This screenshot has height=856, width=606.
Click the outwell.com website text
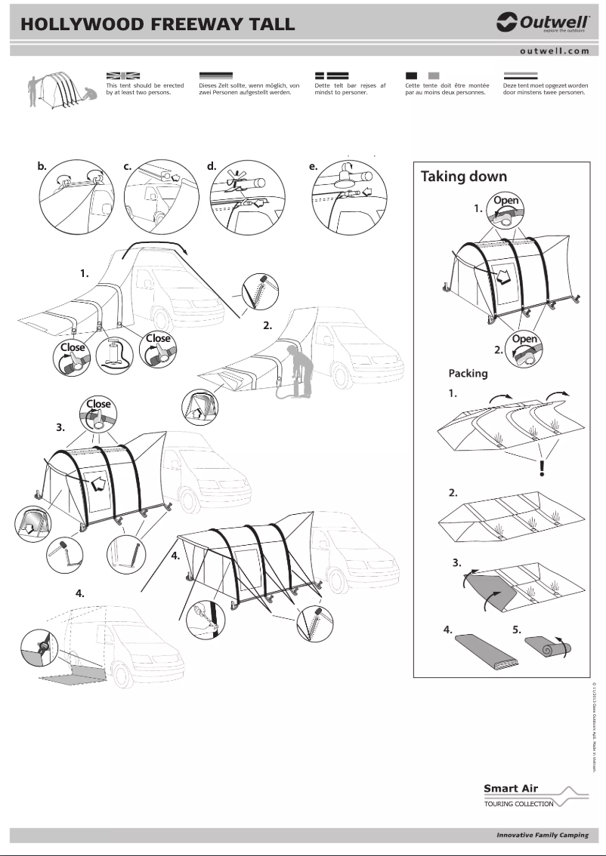(554, 51)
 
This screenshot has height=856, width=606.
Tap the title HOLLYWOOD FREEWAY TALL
(157, 24)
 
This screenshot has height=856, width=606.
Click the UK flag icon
(123, 75)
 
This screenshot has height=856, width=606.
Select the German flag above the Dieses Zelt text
(216, 75)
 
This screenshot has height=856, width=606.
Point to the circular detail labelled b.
(73, 195)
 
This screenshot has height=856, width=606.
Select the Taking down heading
(463, 177)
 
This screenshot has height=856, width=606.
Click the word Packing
(468, 373)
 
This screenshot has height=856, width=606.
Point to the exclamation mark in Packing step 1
(542, 469)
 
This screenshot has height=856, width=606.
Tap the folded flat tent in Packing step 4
(487, 651)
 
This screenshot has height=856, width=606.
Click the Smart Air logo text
(510, 789)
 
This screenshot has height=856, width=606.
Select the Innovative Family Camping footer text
(542, 836)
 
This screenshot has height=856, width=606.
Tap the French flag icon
(422, 75)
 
